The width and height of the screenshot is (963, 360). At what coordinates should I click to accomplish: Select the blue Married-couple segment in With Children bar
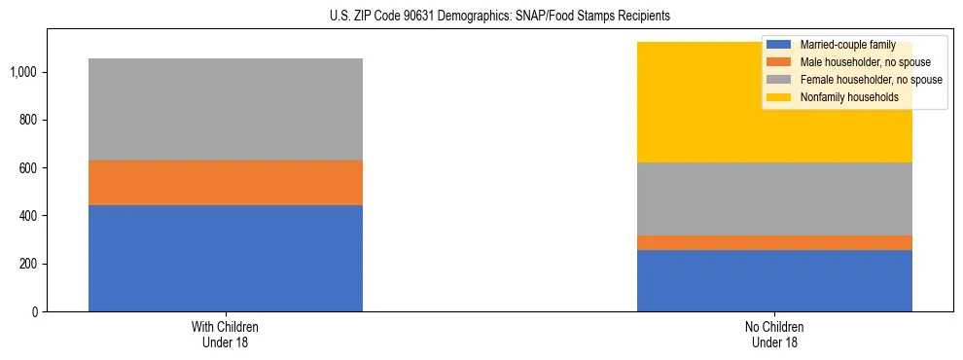[x=226, y=258]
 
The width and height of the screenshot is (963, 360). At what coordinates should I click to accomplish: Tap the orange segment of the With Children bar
[x=226, y=183]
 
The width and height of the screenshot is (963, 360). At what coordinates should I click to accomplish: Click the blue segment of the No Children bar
[x=774, y=280]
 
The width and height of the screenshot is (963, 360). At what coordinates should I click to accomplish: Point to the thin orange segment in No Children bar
[x=774, y=242]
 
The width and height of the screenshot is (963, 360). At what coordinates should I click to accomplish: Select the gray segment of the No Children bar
[x=774, y=198]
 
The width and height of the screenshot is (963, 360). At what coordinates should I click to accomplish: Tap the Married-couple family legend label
[x=847, y=45]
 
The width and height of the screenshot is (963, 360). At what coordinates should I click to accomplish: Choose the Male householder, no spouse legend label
[x=858, y=62]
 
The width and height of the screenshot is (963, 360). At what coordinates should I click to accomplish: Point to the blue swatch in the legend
[x=780, y=45]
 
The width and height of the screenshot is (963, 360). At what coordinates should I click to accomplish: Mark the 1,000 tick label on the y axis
[x=23, y=72]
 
